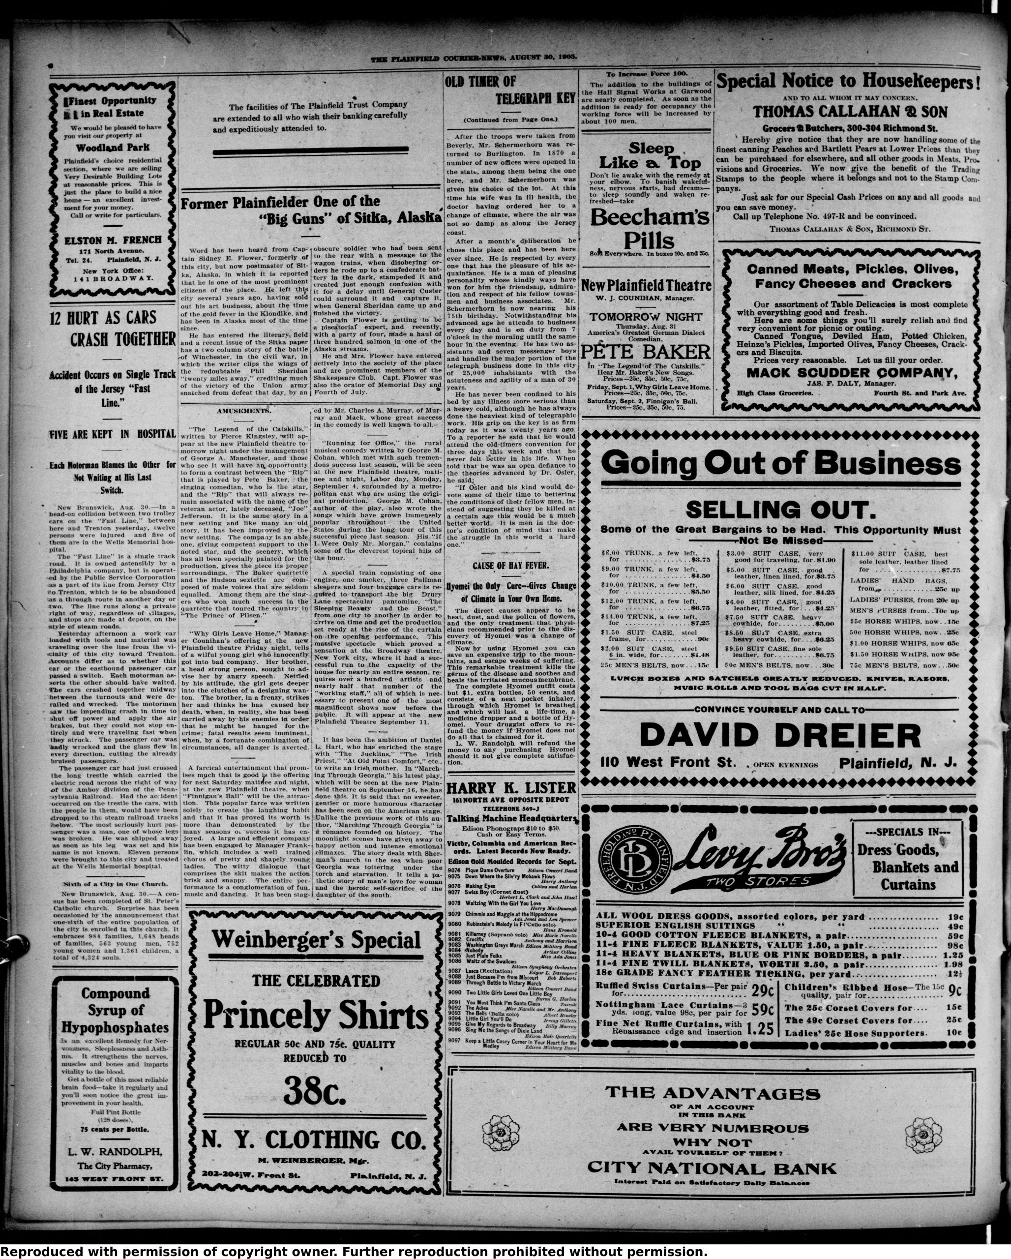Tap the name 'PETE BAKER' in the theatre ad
click(x=647, y=351)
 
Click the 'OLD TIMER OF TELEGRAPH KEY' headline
click(x=510, y=90)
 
